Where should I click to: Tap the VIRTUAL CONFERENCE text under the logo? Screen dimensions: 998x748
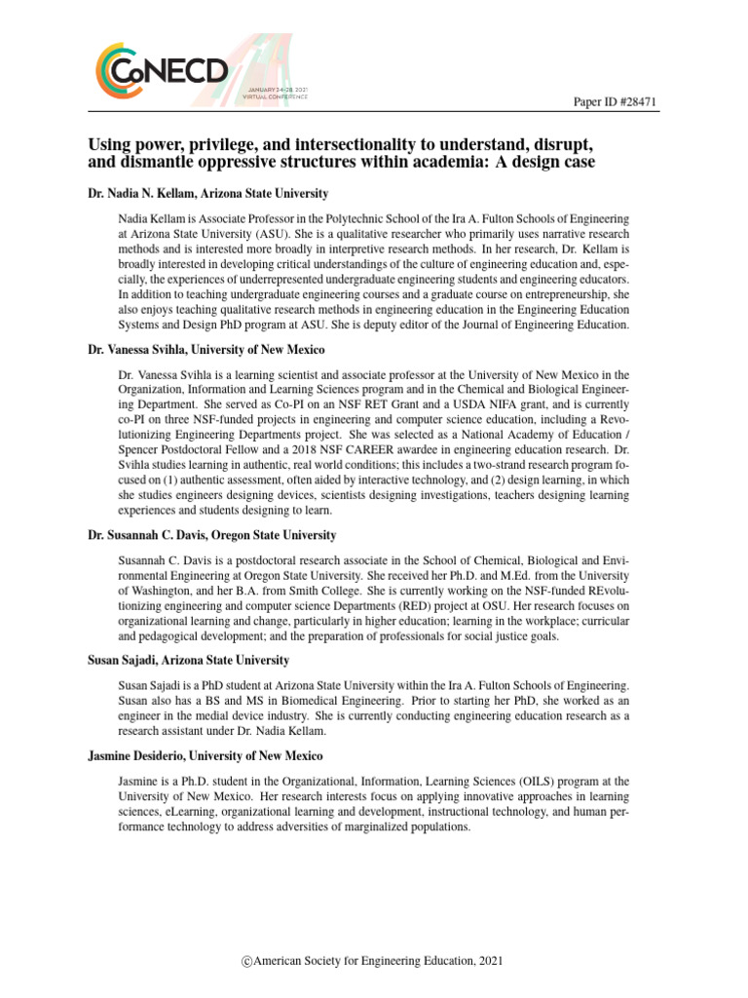(277, 96)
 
